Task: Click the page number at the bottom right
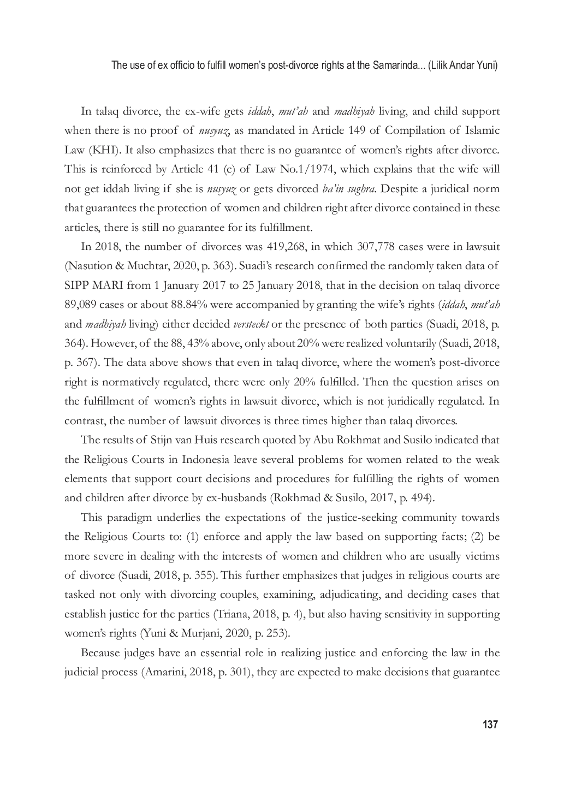click(490, 723)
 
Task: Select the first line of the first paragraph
click(289, 112)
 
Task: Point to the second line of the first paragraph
click(282, 132)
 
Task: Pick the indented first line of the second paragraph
click(289, 248)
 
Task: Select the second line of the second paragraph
click(282, 266)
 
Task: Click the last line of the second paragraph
click(259, 421)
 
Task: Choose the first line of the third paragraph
click(289, 441)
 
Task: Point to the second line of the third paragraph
click(282, 460)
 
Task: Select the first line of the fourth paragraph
click(289, 518)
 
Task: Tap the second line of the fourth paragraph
click(282, 537)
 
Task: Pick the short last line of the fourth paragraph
click(177, 633)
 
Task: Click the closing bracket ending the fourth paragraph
click(290, 634)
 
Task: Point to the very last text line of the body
click(282, 672)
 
